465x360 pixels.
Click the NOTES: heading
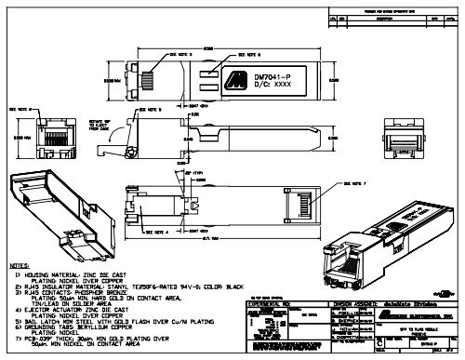coord(20,266)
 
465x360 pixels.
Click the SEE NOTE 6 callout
coord(244,43)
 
